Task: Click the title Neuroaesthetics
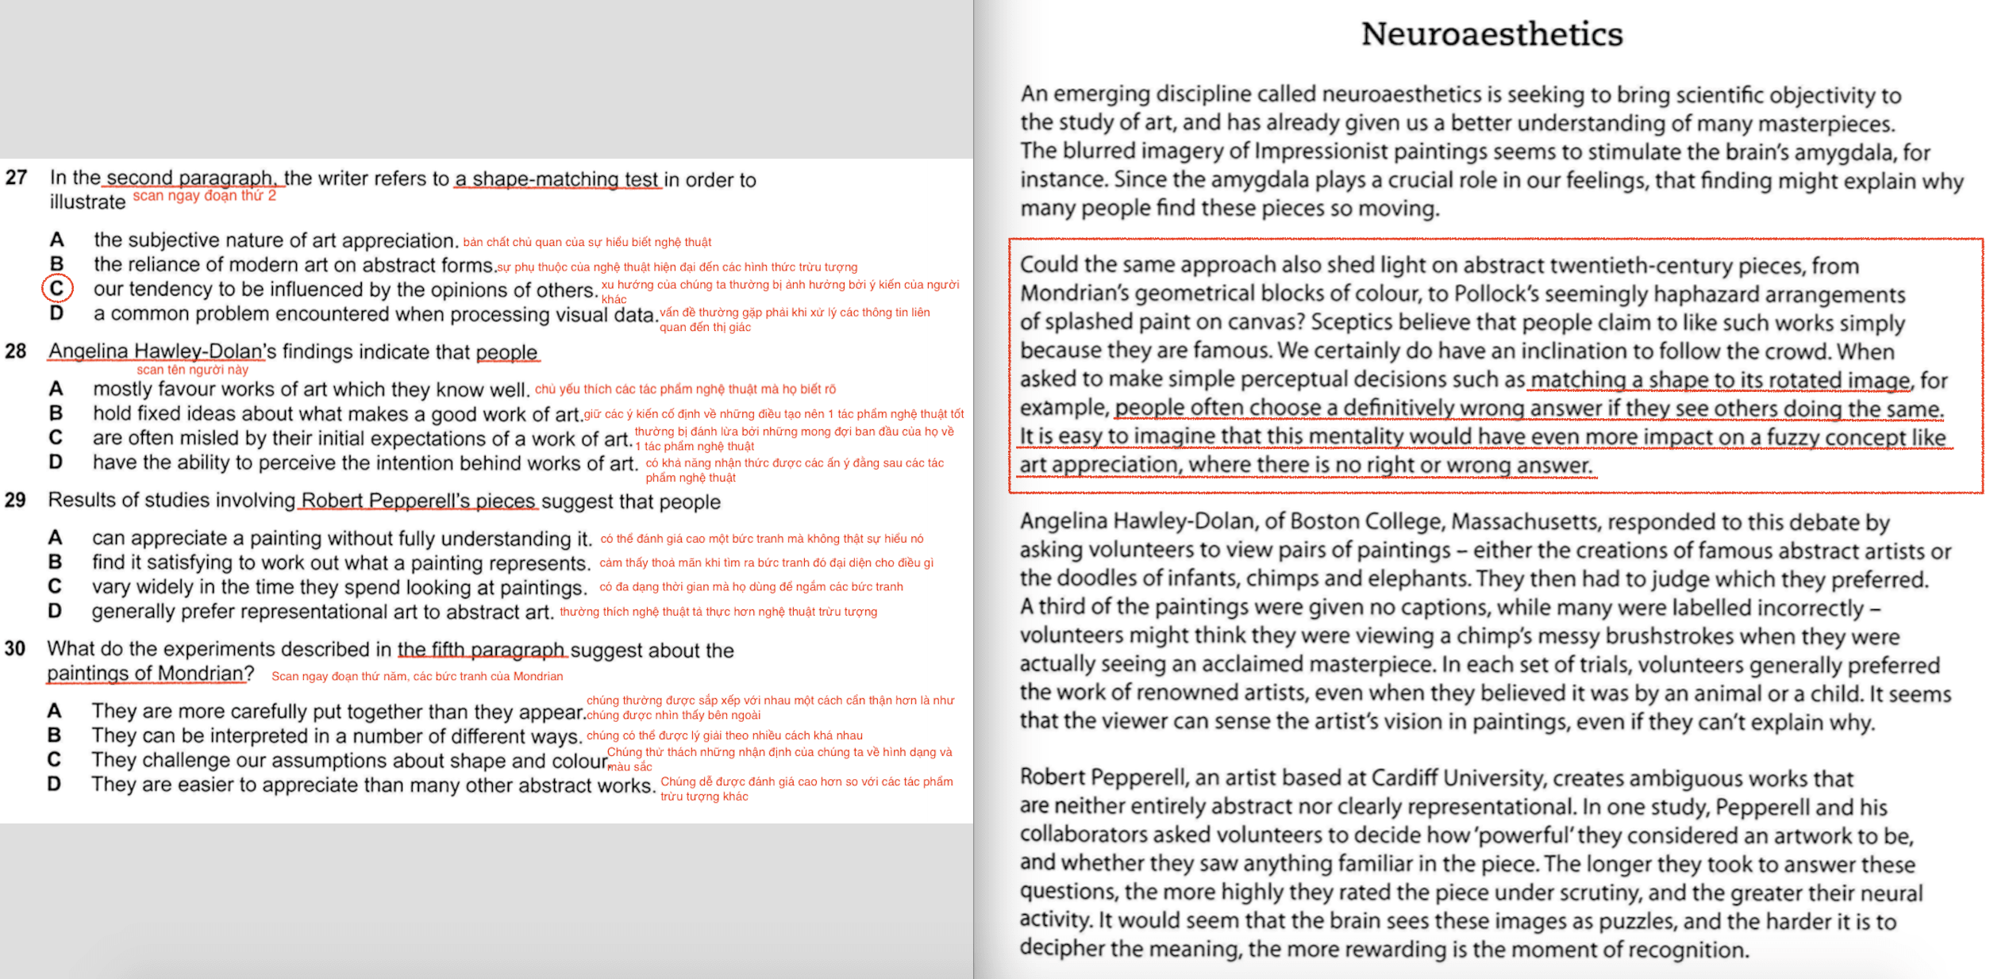click(1491, 34)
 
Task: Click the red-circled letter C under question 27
click(57, 288)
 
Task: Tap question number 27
click(16, 178)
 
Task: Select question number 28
click(16, 351)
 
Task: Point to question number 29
click(16, 500)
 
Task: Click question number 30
click(16, 649)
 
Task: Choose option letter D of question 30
click(54, 784)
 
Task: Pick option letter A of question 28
click(56, 389)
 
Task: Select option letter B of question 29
click(55, 562)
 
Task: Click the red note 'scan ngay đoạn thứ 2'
click(204, 196)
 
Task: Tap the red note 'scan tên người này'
click(192, 370)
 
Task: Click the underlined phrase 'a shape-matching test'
click(557, 179)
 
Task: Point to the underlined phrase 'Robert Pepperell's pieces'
click(418, 501)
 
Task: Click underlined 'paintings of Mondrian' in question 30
click(145, 674)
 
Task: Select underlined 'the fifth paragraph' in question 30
click(481, 650)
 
